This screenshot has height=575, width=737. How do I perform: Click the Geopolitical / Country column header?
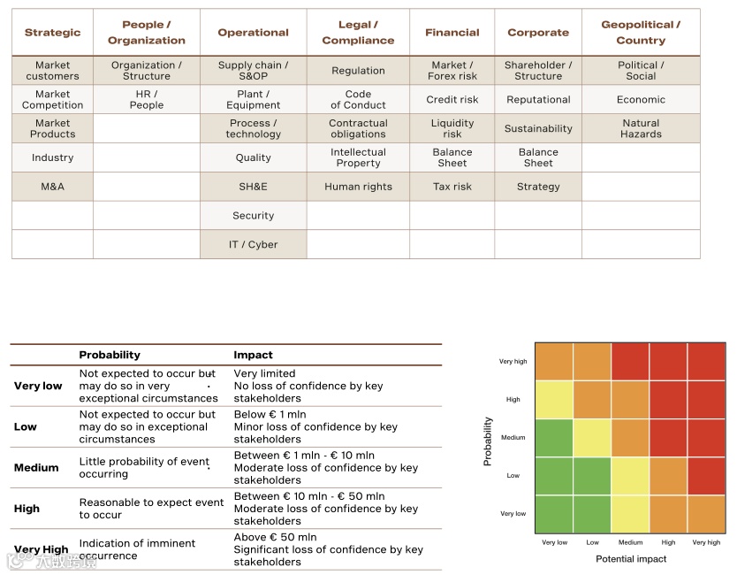point(641,33)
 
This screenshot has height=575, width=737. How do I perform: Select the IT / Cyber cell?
point(254,244)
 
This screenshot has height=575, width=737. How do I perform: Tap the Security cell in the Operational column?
point(254,216)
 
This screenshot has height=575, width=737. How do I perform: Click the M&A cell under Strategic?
point(53,187)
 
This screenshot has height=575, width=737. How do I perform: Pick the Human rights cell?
point(358,187)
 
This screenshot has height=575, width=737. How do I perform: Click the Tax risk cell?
point(452,187)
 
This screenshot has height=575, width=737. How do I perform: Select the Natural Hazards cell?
point(641,128)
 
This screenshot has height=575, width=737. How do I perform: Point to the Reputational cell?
point(538,100)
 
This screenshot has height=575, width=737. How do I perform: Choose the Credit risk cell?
point(452,100)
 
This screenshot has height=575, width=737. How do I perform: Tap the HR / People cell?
point(147,99)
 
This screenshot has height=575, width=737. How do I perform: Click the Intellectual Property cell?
point(358,157)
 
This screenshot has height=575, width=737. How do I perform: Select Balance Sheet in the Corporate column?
point(538,157)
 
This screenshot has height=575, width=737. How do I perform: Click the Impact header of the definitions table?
point(253,355)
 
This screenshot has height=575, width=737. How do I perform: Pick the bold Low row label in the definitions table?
point(26,426)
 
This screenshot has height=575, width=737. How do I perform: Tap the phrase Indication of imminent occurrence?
point(137,549)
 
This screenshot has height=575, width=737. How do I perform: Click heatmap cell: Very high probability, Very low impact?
point(554,362)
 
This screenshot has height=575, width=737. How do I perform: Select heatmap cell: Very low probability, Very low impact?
point(554,514)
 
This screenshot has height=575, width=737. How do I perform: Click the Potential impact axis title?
point(631,559)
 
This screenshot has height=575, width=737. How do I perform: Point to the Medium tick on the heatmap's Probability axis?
point(513,438)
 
